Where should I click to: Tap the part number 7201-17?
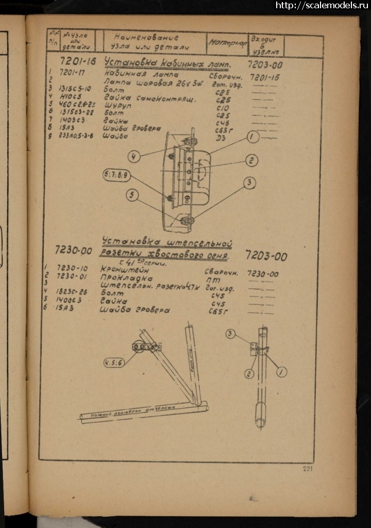(x=72, y=72)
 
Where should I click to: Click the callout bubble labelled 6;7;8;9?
(x=117, y=175)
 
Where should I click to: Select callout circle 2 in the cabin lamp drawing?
(x=251, y=161)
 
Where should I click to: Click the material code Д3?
(x=220, y=139)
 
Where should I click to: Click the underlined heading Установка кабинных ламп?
(x=167, y=63)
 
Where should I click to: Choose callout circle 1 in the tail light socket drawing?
(x=281, y=372)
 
